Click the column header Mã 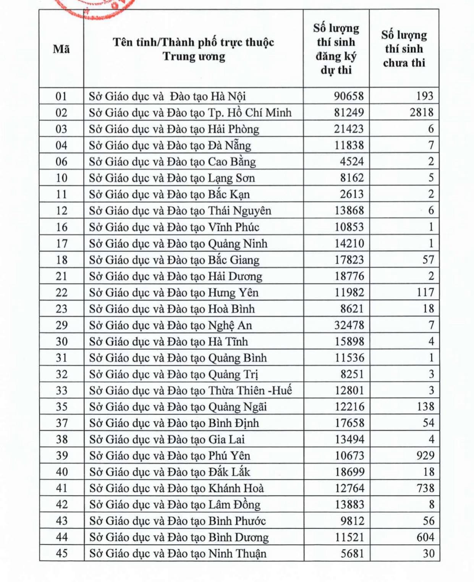coord(61,49)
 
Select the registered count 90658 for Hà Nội coord(349,96)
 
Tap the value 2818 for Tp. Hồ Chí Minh coord(422,113)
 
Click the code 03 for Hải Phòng coord(61,129)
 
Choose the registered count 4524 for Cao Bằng coord(352,162)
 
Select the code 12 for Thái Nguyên coord(61,211)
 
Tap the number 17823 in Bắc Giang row coord(349,260)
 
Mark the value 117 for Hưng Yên coord(425,293)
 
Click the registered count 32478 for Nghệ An coord(349,325)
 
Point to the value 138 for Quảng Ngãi coord(425,407)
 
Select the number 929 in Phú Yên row coord(425,456)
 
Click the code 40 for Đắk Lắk coord(61,472)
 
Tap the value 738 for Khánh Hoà coord(425,488)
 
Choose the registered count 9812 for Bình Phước coord(352,521)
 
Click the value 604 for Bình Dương coord(425,537)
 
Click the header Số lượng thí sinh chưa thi coord(404,49)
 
